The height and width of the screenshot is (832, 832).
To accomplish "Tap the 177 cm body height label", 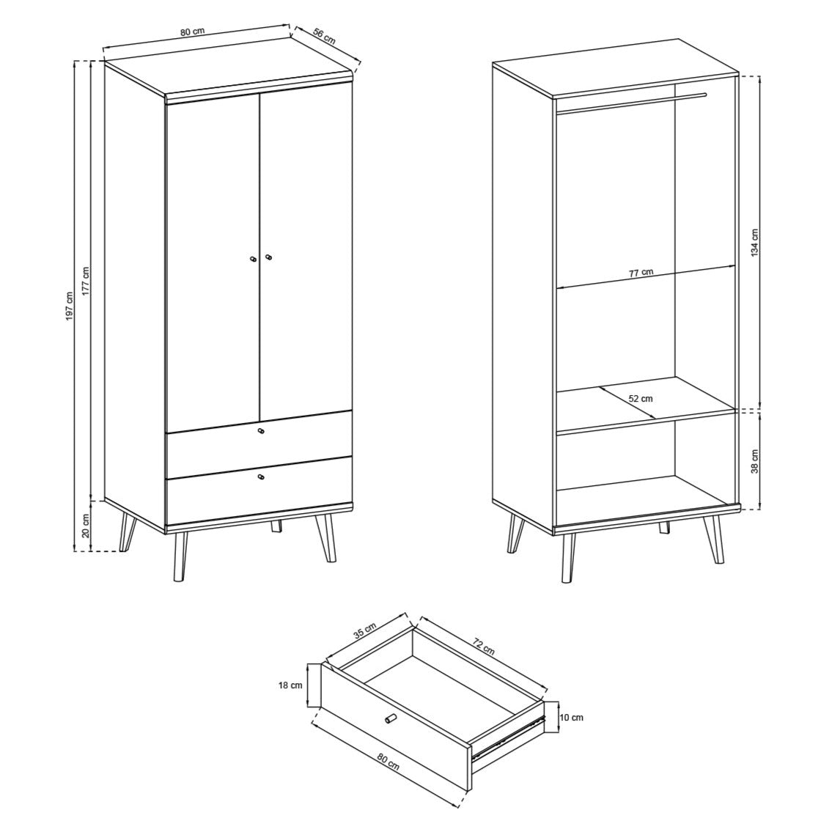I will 86,280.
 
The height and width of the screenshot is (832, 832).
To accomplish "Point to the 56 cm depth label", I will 323,35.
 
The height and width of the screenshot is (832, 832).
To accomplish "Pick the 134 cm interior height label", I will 754,242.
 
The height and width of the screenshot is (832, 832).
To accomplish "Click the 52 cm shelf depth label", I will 640,399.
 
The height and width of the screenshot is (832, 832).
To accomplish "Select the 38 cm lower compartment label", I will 754,460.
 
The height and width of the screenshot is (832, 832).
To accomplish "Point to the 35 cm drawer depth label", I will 364,630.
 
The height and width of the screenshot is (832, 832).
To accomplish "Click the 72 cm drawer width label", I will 484,647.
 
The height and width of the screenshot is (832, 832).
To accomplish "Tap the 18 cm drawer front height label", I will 292,685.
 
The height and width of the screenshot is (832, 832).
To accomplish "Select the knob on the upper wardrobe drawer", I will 261,431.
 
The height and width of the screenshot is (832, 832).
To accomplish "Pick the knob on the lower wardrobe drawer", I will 261,478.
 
